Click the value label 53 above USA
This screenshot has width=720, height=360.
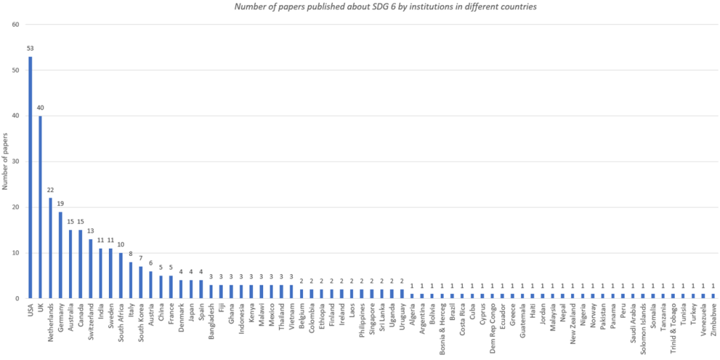30,49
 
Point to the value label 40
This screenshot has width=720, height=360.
40,108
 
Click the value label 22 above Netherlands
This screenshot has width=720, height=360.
51,190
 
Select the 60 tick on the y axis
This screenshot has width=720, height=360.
15,24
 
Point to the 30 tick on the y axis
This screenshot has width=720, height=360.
15,161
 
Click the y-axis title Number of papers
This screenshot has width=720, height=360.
5,161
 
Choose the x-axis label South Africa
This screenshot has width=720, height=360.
121,324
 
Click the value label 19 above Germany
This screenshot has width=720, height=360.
60,204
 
